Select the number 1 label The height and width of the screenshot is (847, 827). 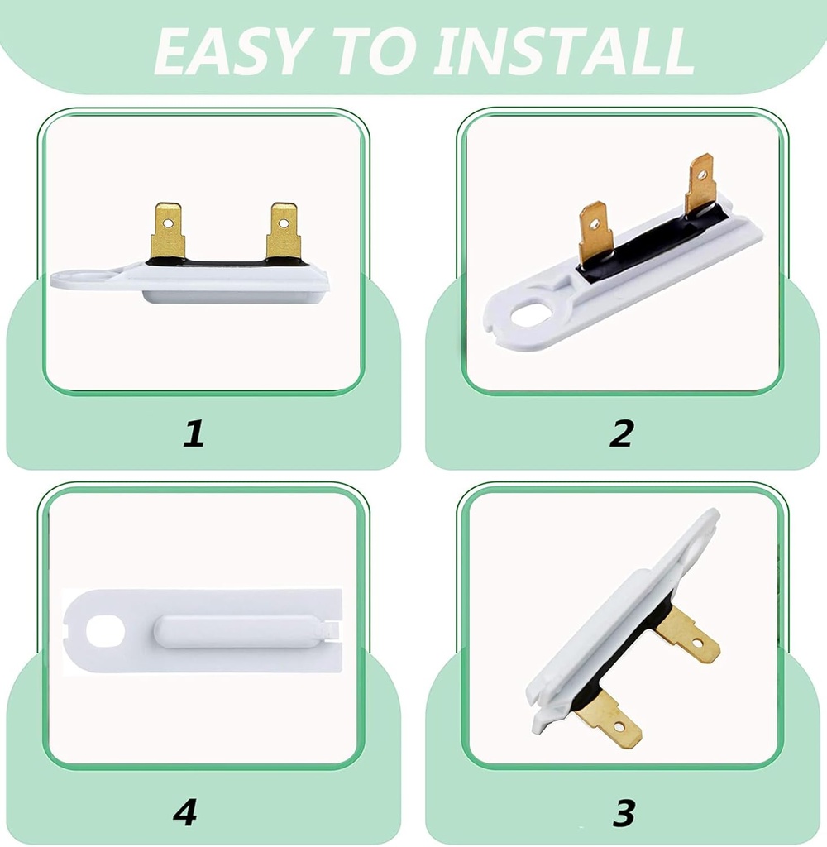(193, 433)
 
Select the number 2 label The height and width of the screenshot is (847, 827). (622, 433)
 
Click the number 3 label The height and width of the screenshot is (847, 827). (624, 812)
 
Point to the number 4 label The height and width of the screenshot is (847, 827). (184, 812)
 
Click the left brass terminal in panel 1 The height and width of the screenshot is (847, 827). (167, 232)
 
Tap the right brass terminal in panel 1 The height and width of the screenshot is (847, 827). (283, 232)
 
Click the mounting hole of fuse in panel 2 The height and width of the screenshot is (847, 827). (527, 313)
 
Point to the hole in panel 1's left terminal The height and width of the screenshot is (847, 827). (167, 223)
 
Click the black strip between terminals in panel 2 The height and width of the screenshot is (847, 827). (653, 240)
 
